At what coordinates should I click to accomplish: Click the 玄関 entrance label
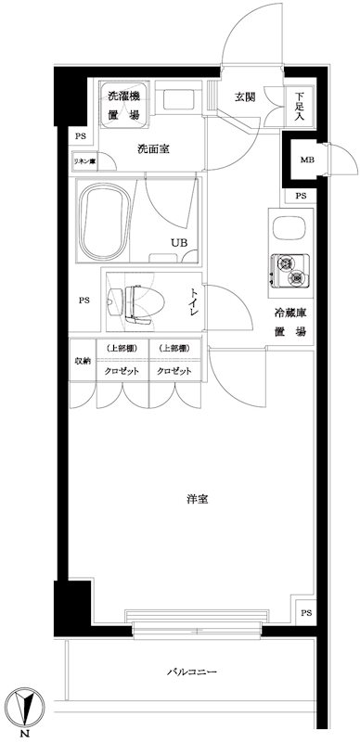coord(244,97)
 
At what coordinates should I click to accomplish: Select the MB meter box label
coord(305,160)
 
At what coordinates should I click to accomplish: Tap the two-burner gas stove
coord(288,271)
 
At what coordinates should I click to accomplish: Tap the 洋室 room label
coord(195,500)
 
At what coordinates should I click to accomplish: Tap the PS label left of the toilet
coord(84,300)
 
